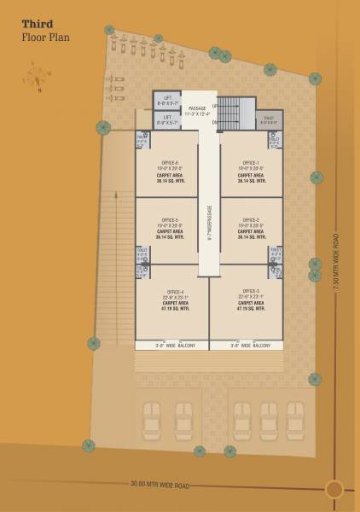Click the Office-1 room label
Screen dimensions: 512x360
tap(251, 162)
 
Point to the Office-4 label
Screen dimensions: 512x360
tap(171, 292)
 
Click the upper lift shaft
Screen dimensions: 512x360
tap(167, 99)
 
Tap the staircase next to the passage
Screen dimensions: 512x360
tap(229, 113)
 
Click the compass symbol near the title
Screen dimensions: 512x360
tap(37, 77)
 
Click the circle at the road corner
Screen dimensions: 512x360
tap(334, 489)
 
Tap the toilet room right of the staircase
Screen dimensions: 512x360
tap(269, 119)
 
